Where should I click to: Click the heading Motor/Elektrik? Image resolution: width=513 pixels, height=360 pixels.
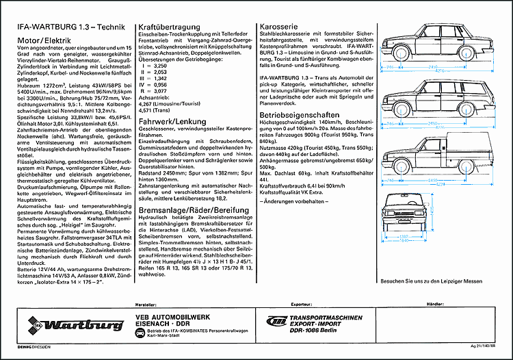pyautogui.click(x=44, y=40)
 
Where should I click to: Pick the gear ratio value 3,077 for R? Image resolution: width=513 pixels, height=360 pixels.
pyautogui.click(x=159, y=90)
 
